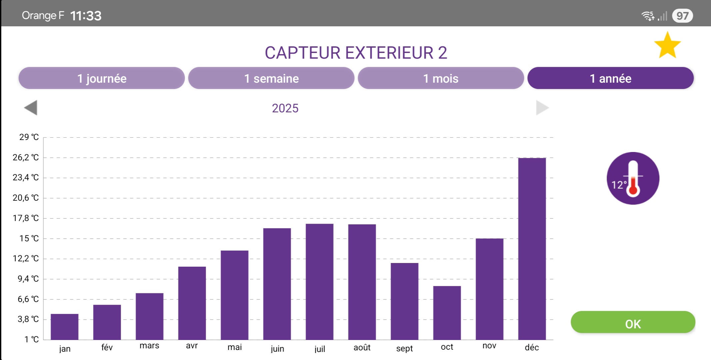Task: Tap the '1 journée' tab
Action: [102, 78]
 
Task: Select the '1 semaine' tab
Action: [271, 78]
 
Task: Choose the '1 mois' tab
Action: [441, 78]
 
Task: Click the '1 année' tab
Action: [610, 78]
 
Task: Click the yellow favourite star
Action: [667, 46]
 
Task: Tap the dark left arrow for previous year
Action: [31, 108]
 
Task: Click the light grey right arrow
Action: [542, 108]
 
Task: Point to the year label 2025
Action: [285, 108]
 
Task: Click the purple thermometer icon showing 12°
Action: [633, 178]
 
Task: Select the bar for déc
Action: [532, 249]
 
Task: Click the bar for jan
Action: [65, 327]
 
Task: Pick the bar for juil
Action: [319, 282]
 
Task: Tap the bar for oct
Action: [447, 313]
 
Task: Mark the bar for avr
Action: [192, 303]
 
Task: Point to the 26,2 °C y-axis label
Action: [26, 157]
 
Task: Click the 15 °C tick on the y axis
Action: [29, 238]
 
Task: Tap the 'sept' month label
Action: [404, 348]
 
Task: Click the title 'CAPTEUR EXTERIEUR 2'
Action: [356, 53]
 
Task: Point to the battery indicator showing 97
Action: [682, 16]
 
